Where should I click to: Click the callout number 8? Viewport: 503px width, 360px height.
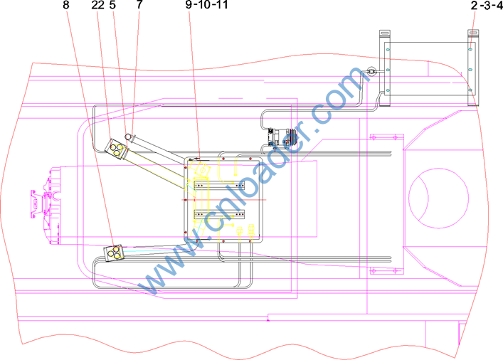(65, 4)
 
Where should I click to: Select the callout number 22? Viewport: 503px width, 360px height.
(98, 4)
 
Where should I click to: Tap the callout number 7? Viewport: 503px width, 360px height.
(139, 4)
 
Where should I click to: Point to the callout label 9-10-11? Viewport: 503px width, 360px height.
(206, 4)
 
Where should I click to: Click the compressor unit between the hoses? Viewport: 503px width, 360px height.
(281, 137)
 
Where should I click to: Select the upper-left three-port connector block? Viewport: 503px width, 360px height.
(115, 148)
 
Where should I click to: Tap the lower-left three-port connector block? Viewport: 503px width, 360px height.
(114, 253)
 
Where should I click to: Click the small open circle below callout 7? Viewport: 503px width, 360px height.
(129, 137)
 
